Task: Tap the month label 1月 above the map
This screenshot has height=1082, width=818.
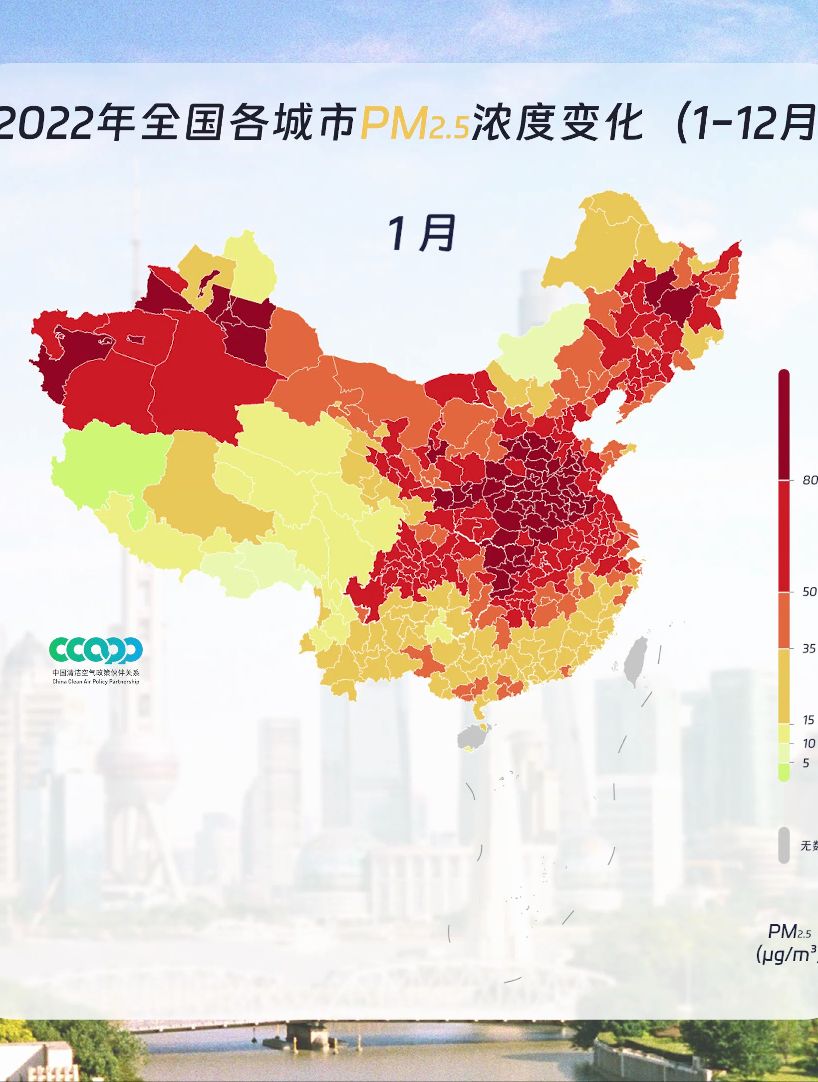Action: [422, 233]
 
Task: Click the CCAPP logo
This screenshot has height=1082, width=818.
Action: [96, 650]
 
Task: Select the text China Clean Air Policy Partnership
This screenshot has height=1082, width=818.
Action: [96, 681]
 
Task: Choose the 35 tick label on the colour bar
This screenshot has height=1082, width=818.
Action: [809, 648]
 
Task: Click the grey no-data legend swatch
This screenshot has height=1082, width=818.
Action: [784, 845]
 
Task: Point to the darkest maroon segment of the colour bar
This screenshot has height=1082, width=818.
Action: [784, 424]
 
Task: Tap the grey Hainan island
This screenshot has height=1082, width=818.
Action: [470, 737]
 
